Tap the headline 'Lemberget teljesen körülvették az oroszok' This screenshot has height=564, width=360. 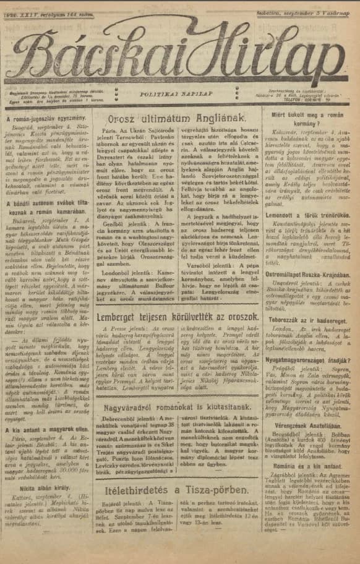178,335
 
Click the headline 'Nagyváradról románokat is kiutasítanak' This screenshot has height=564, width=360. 178,408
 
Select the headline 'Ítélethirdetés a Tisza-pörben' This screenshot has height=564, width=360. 178,490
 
